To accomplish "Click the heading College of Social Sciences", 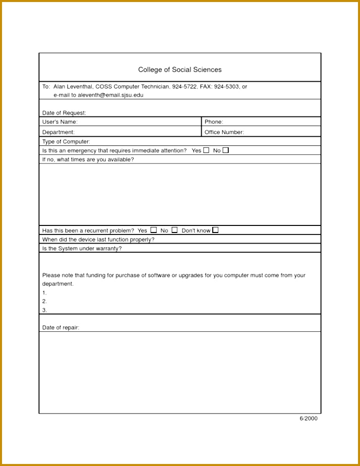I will (x=179, y=70).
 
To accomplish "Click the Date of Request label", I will (x=64, y=113).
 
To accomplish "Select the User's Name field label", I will (x=59, y=122).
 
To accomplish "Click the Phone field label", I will (x=214, y=122).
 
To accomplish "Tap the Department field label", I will (x=58, y=132).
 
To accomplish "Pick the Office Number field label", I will (x=224, y=132).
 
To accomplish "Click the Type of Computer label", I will (x=66, y=142).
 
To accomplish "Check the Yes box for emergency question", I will (x=206, y=150).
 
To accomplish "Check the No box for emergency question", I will (x=225, y=150).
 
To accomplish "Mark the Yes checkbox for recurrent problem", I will (x=154, y=230).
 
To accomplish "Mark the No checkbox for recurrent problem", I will (x=174, y=230).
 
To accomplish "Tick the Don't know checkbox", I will (x=215, y=230).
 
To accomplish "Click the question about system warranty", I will (x=82, y=249).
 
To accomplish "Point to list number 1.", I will (x=44, y=293).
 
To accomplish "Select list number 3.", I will (x=44, y=310).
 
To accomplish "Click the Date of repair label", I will (x=61, y=327).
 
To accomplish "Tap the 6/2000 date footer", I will (x=309, y=418).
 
